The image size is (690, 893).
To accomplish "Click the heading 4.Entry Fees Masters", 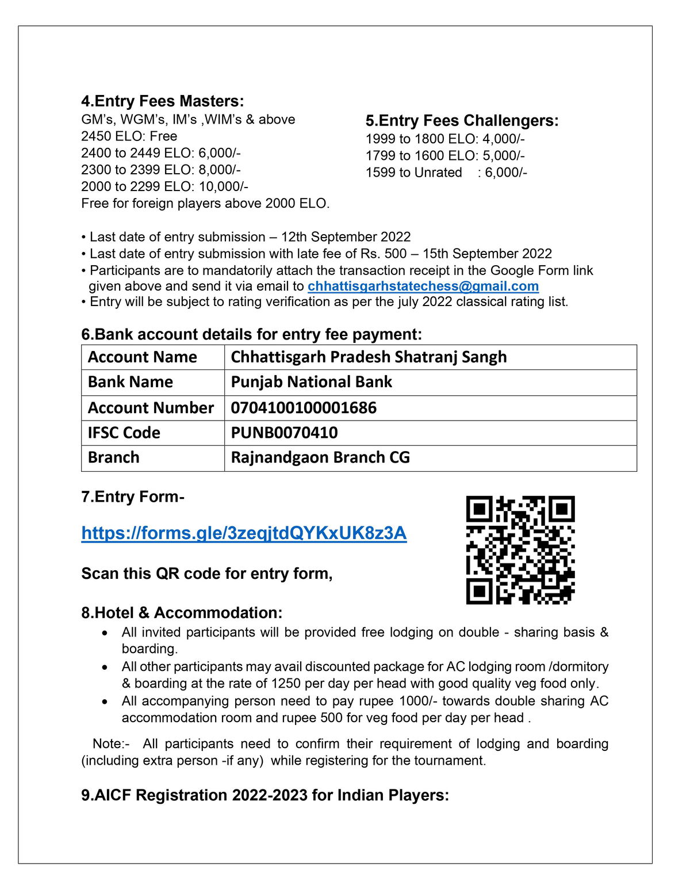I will [x=162, y=101].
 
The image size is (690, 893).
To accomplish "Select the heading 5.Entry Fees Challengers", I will [x=462, y=121].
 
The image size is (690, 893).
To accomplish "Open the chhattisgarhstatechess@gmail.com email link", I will [x=423, y=287].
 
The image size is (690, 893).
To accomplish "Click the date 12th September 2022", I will [x=346, y=237].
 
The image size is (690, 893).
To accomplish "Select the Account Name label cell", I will [x=142, y=357].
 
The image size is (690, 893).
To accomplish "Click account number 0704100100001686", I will [x=304, y=408].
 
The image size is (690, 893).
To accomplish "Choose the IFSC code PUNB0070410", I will [x=284, y=433].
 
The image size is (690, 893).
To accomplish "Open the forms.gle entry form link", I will [x=244, y=533].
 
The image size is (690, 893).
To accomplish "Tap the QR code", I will [x=520, y=550].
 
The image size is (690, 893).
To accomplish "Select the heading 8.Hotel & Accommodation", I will [x=182, y=613].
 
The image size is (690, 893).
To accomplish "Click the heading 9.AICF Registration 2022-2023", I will [x=264, y=795].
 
